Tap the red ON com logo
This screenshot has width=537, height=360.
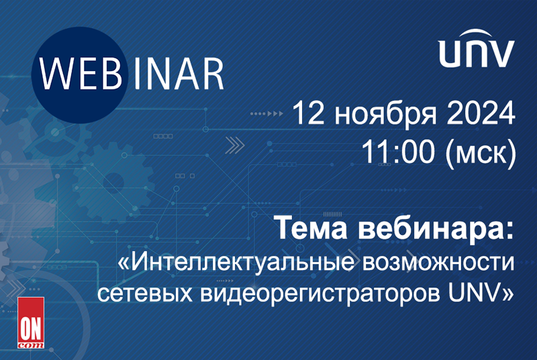(x=31, y=322)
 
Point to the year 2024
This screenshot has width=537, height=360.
(x=481, y=113)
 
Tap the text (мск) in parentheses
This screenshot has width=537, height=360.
(x=481, y=153)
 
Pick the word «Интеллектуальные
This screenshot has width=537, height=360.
(x=236, y=263)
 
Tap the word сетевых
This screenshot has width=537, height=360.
(x=144, y=294)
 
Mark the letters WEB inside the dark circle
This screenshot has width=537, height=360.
(x=81, y=75)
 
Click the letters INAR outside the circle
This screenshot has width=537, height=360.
(x=179, y=75)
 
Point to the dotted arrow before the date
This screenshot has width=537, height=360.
(x=266, y=114)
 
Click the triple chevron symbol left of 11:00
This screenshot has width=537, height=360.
(x=234, y=145)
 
